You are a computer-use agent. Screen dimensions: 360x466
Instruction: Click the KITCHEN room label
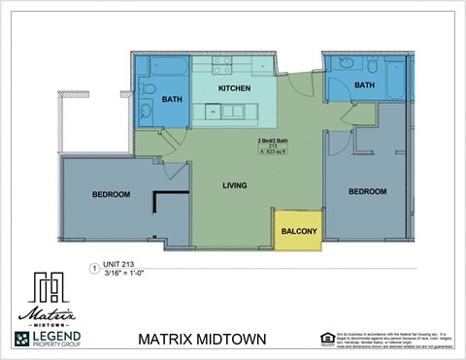click(x=235, y=88)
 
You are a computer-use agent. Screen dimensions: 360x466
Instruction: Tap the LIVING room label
click(x=234, y=185)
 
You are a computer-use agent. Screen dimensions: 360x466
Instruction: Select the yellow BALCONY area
click(x=298, y=231)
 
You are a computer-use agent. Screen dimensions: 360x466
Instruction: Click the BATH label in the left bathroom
click(x=172, y=98)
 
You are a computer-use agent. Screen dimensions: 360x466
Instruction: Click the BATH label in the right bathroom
click(x=364, y=85)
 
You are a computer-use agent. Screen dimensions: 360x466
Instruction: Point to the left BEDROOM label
click(x=111, y=195)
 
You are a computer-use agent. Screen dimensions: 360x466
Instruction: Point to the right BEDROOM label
click(x=367, y=191)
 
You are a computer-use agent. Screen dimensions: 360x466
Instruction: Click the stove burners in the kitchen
click(x=222, y=65)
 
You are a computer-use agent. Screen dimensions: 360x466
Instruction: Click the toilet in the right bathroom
click(x=373, y=67)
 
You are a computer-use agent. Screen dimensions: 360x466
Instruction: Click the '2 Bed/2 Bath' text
click(x=260, y=141)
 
